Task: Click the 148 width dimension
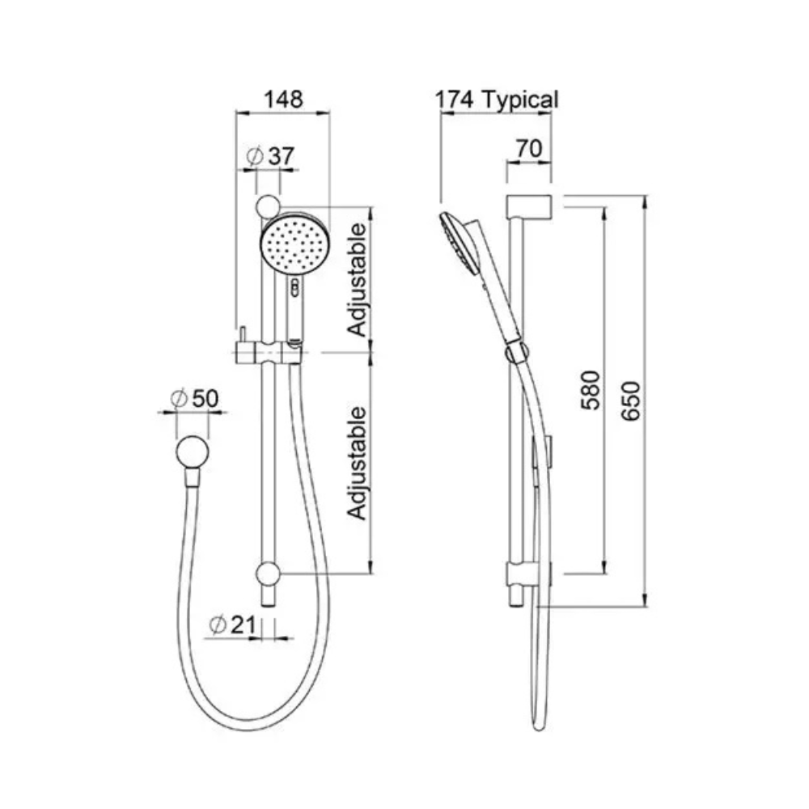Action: point(282,100)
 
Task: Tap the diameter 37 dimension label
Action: point(270,155)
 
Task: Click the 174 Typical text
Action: point(497,100)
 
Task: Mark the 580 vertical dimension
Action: point(592,389)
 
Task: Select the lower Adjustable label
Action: point(357,463)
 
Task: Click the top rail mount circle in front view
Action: point(268,205)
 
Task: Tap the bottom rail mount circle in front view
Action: point(268,575)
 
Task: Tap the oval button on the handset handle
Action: point(296,285)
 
